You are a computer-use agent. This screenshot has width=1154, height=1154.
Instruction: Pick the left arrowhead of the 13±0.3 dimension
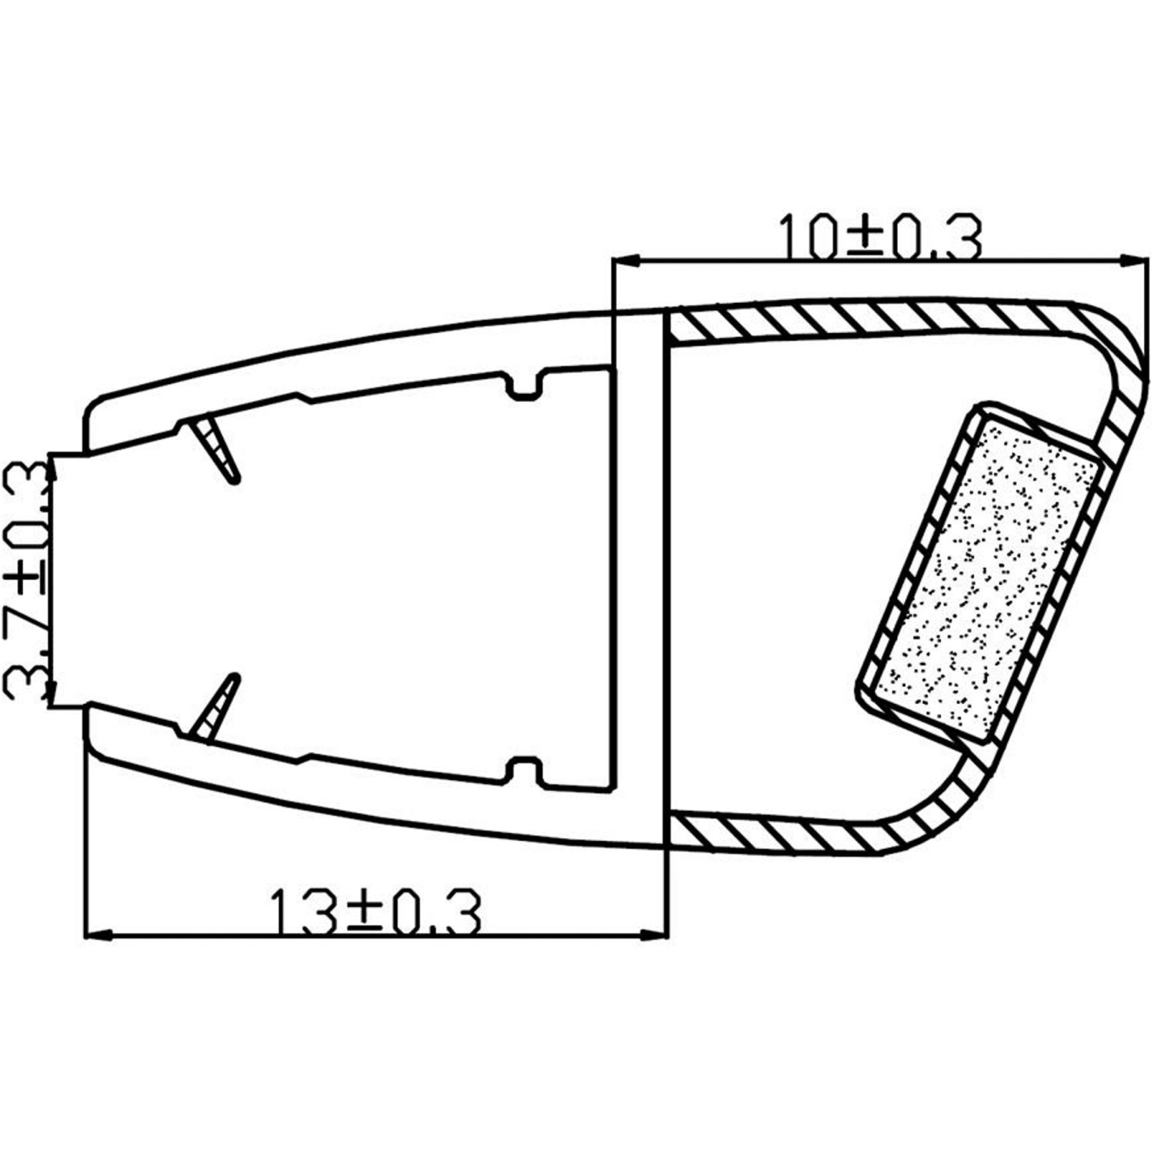click(97, 935)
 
